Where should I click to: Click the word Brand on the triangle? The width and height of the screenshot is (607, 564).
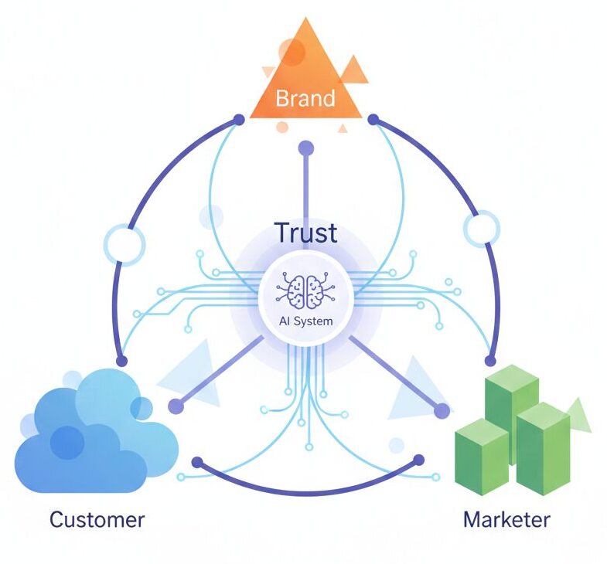(305, 99)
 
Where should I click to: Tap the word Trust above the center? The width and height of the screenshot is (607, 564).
(305, 232)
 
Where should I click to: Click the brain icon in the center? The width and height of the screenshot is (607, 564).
(306, 292)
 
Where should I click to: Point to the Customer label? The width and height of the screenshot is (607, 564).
(97, 518)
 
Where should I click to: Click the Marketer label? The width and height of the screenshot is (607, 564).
(506, 518)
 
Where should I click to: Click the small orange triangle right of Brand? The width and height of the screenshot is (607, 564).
(354, 70)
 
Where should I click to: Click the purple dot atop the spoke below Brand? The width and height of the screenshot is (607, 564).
(306, 148)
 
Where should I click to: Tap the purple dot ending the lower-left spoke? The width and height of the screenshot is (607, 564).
(176, 405)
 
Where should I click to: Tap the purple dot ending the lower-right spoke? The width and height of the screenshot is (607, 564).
(442, 410)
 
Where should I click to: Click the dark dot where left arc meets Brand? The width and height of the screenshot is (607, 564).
(239, 120)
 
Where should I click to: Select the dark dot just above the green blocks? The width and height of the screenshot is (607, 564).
(489, 361)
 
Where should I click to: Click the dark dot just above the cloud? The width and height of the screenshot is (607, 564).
(121, 361)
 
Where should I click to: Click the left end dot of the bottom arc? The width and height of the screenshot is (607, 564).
(196, 463)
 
